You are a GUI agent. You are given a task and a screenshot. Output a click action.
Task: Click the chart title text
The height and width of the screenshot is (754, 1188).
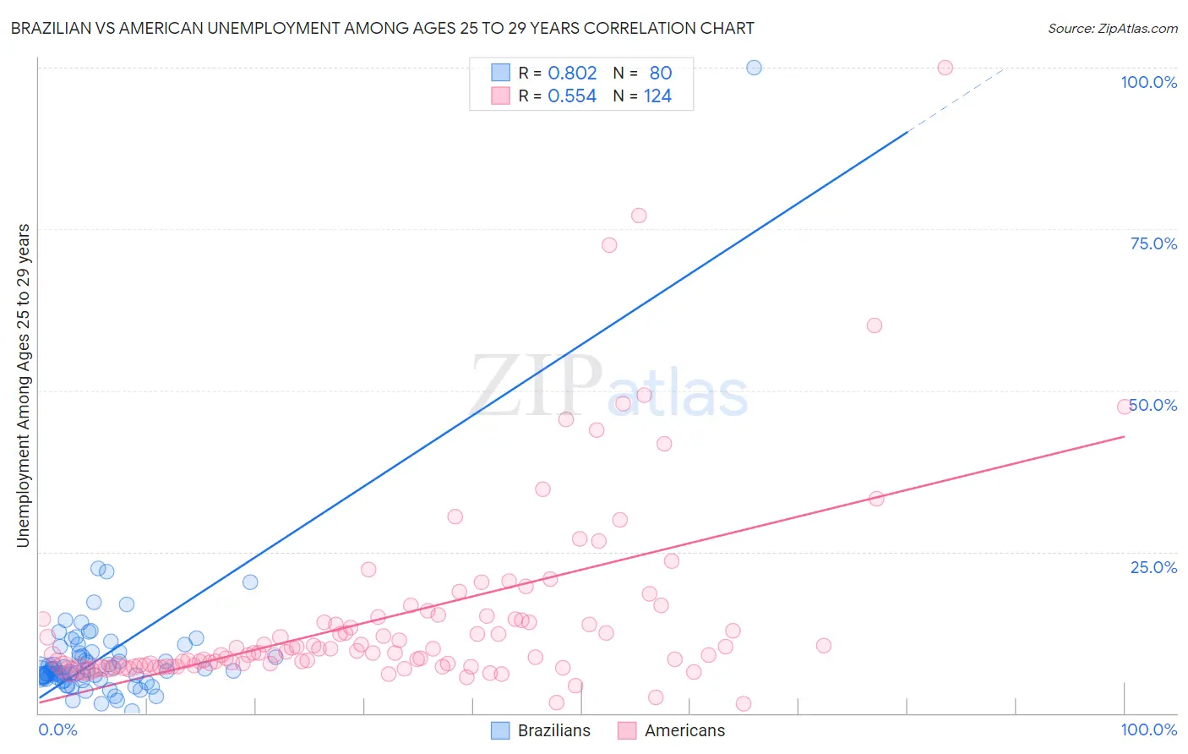click(x=382, y=29)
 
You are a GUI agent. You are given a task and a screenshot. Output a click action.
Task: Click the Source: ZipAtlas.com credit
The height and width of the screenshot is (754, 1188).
click(x=1112, y=29)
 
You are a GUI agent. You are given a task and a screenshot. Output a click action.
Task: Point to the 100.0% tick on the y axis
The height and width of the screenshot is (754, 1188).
click(x=1148, y=82)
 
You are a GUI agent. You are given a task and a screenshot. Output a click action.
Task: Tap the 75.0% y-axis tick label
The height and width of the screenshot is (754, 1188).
click(x=1153, y=243)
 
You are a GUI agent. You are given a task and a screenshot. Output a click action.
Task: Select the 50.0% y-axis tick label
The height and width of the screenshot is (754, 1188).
click(x=1154, y=405)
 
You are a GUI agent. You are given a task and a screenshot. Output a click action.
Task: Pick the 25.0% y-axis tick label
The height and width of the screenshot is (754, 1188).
click(x=1153, y=567)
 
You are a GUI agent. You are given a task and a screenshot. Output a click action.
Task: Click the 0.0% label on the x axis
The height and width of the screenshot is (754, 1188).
click(x=57, y=729)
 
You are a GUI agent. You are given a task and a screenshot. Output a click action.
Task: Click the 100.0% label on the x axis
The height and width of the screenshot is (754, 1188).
click(x=1148, y=729)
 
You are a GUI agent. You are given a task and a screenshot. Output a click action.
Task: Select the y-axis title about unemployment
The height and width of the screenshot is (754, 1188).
click(x=24, y=385)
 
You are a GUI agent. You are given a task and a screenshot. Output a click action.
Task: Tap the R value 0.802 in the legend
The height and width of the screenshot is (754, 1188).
click(x=572, y=74)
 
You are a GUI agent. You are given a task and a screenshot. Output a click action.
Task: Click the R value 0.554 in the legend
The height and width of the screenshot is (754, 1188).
click(x=572, y=96)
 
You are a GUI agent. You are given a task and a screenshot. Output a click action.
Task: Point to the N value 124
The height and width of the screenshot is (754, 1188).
click(x=657, y=96)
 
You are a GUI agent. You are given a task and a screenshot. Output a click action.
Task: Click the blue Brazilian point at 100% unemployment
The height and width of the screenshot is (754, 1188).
click(x=754, y=68)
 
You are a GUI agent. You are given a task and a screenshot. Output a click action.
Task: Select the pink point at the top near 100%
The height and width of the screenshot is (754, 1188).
click(x=945, y=68)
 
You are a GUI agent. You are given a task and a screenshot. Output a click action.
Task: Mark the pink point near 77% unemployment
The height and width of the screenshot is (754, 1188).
click(x=639, y=216)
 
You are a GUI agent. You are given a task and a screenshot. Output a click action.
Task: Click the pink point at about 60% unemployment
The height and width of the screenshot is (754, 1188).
click(x=875, y=325)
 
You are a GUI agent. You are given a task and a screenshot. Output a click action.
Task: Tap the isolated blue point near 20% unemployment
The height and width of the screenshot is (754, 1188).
click(x=250, y=582)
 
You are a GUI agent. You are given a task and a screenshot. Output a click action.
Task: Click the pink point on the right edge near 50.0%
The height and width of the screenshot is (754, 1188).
click(x=1124, y=407)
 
